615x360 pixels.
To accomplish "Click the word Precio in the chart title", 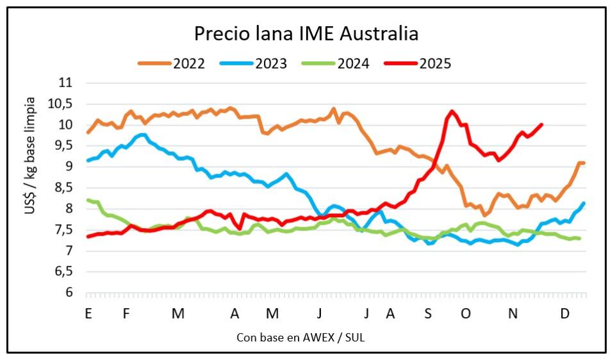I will [220, 33].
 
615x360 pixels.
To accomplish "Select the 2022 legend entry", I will [188, 63].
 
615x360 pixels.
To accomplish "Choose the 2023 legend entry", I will [270, 63].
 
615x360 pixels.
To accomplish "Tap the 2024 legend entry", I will [353, 63].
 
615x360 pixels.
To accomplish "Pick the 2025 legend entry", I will [436, 63].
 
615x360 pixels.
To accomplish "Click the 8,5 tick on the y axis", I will [63, 188].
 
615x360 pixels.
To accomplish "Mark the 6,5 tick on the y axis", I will [63, 272].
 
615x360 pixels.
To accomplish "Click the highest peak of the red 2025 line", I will [452, 111].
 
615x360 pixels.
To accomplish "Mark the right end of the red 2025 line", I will [542, 125].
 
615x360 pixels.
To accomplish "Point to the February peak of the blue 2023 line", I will [142, 135].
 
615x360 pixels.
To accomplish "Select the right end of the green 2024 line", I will [580, 239].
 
